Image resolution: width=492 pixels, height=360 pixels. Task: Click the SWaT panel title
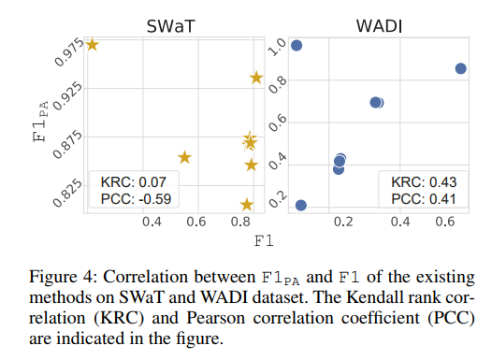pos(170,26)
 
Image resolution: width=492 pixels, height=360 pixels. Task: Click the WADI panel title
pos(379,26)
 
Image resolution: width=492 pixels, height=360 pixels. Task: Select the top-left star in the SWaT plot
pos(93,45)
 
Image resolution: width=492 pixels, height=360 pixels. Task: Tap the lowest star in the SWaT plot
pos(247,205)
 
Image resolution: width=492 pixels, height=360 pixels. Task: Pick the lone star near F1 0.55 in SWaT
pos(184,157)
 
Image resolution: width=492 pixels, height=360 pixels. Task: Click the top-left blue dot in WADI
pos(297,46)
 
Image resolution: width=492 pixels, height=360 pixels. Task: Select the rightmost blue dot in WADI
pos(460,68)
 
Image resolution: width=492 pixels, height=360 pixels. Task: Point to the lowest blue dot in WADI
pos(301,206)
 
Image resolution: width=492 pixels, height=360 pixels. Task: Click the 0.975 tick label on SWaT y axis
pos(68,52)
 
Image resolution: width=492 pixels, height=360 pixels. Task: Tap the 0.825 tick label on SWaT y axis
pos(67,194)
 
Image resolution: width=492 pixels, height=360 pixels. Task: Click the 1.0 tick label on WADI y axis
pos(278,47)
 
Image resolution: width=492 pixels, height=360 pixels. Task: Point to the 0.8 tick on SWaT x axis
pos(240,222)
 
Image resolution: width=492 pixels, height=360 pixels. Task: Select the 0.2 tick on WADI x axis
pos(343,222)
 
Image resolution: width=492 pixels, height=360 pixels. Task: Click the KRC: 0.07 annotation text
pos(134,182)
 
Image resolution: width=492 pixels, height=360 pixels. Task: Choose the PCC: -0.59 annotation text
pos(136,199)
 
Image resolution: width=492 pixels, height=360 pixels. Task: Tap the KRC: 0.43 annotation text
pos(424,182)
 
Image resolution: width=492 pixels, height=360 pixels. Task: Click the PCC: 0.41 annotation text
pos(424,199)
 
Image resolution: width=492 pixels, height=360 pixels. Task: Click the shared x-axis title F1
pos(264,241)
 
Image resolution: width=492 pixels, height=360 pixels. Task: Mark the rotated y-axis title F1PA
pos(41,122)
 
